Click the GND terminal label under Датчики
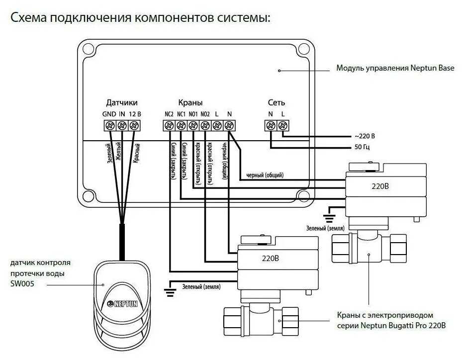109,114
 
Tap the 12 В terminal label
135,114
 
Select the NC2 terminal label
169,114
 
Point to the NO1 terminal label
193,114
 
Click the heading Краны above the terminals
190,103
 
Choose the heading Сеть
277,103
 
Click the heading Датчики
121,103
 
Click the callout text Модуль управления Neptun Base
395,68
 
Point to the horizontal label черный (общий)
265,175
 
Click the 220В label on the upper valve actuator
380,187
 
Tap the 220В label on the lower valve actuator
272,258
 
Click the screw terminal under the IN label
121,126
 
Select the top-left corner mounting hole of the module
88,49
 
